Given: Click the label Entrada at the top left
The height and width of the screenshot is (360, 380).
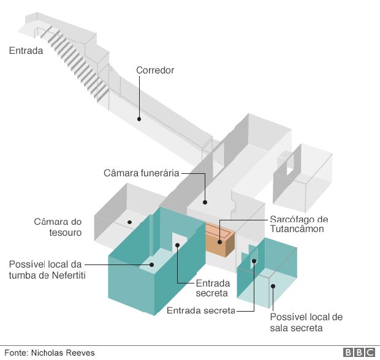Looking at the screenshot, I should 26,51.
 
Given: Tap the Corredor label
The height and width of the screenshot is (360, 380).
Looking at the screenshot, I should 155,70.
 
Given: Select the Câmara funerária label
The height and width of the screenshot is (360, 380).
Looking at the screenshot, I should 141,173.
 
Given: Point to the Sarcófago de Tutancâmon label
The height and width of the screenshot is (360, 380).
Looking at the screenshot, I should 299,224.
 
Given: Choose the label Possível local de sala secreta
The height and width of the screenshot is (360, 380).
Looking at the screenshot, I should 306,323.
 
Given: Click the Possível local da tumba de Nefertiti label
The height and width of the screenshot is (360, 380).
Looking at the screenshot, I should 47,270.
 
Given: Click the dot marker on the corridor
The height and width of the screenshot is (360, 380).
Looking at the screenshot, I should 139,119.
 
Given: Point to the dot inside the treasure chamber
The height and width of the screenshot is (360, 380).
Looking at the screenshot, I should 129,222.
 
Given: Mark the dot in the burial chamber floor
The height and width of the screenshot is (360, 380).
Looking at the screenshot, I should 206,201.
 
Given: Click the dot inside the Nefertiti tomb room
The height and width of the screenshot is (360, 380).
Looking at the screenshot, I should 152,265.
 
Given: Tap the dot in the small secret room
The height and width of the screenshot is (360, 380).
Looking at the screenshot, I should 273,285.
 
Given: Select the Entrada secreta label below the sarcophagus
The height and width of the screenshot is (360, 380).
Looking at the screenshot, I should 213,288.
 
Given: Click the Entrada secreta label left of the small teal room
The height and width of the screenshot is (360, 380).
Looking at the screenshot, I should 201,310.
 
